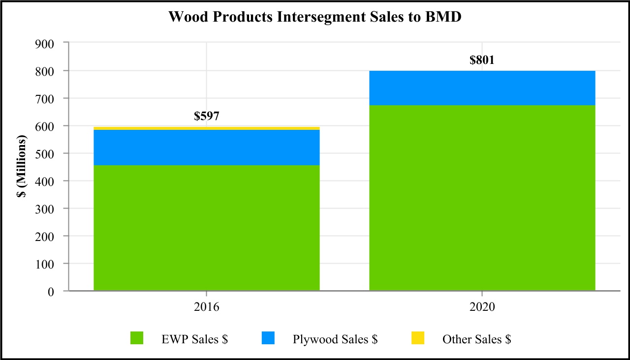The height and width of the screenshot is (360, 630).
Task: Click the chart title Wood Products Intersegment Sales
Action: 315,16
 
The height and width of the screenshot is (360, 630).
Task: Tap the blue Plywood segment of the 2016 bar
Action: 206,148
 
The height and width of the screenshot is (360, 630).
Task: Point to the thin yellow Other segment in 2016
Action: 206,128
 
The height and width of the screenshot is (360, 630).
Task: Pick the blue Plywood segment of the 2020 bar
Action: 482,88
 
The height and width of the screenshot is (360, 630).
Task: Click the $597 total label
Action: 206,117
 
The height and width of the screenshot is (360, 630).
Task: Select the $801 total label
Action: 482,60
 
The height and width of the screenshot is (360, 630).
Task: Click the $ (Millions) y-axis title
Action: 21,167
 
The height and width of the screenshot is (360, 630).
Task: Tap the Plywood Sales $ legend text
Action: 335,339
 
